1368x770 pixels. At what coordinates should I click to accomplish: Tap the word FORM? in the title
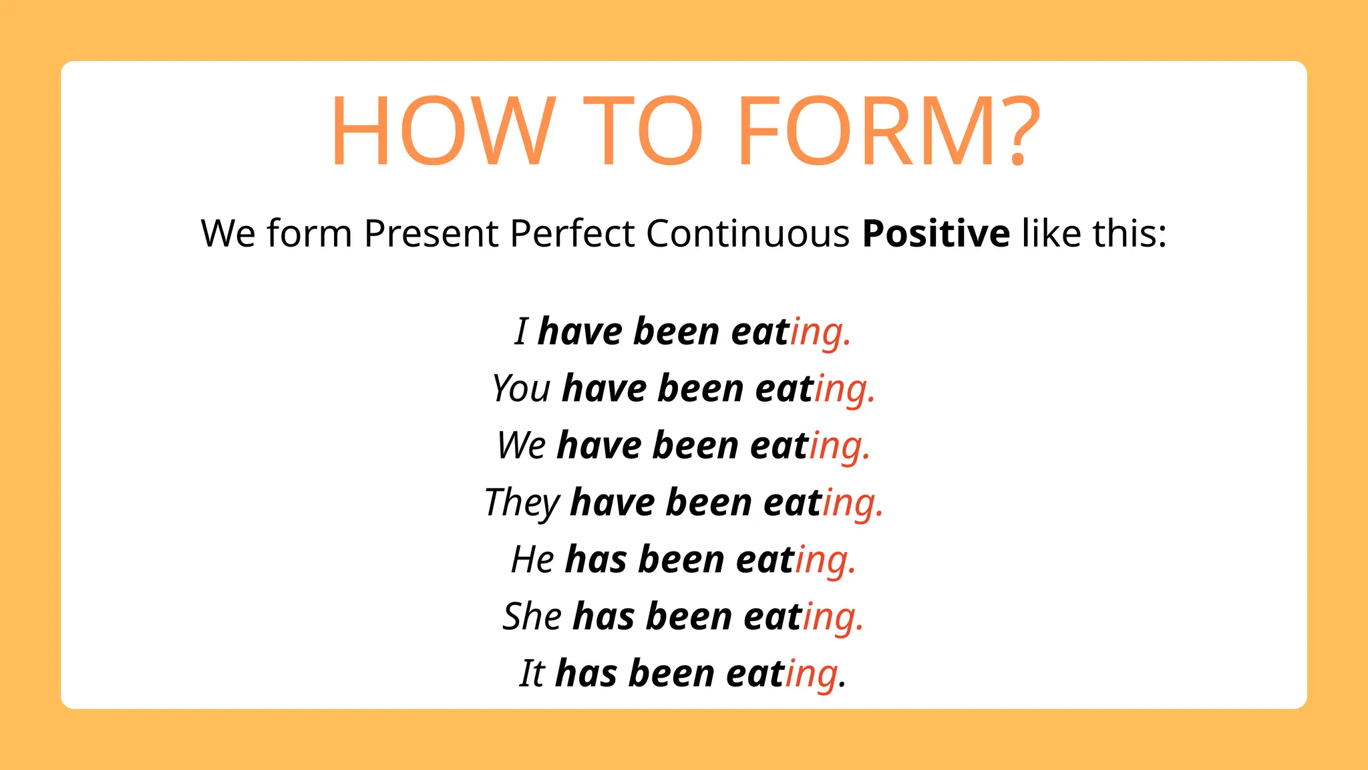pyautogui.click(x=888, y=130)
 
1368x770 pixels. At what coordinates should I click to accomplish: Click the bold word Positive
pyautogui.click(x=935, y=234)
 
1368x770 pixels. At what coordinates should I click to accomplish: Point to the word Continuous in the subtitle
pyautogui.click(x=747, y=234)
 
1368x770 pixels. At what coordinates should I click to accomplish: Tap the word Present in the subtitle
pyautogui.click(x=431, y=234)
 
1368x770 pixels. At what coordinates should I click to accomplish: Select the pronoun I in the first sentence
pyautogui.click(x=522, y=332)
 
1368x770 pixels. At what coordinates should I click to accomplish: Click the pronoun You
pyautogui.click(x=521, y=388)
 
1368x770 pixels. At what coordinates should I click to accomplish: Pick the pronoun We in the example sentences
pyautogui.click(x=522, y=445)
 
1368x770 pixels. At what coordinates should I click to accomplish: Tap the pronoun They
pyautogui.click(x=522, y=503)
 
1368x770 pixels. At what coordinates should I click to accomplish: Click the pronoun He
pyautogui.click(x=532, y=559)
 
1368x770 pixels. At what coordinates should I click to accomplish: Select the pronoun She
pyautogui.click(x=532, y=616)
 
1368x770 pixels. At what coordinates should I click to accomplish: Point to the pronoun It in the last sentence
pyautogui.click(x=532, y=673)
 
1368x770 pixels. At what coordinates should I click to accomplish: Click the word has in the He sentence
pyautogui.click(x=596, y=559)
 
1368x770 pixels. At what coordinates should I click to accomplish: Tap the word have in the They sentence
pyautogui.click(x=612, y=503)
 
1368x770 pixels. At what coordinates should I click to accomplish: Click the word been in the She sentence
pyautogui.click(x=689, y=616)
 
